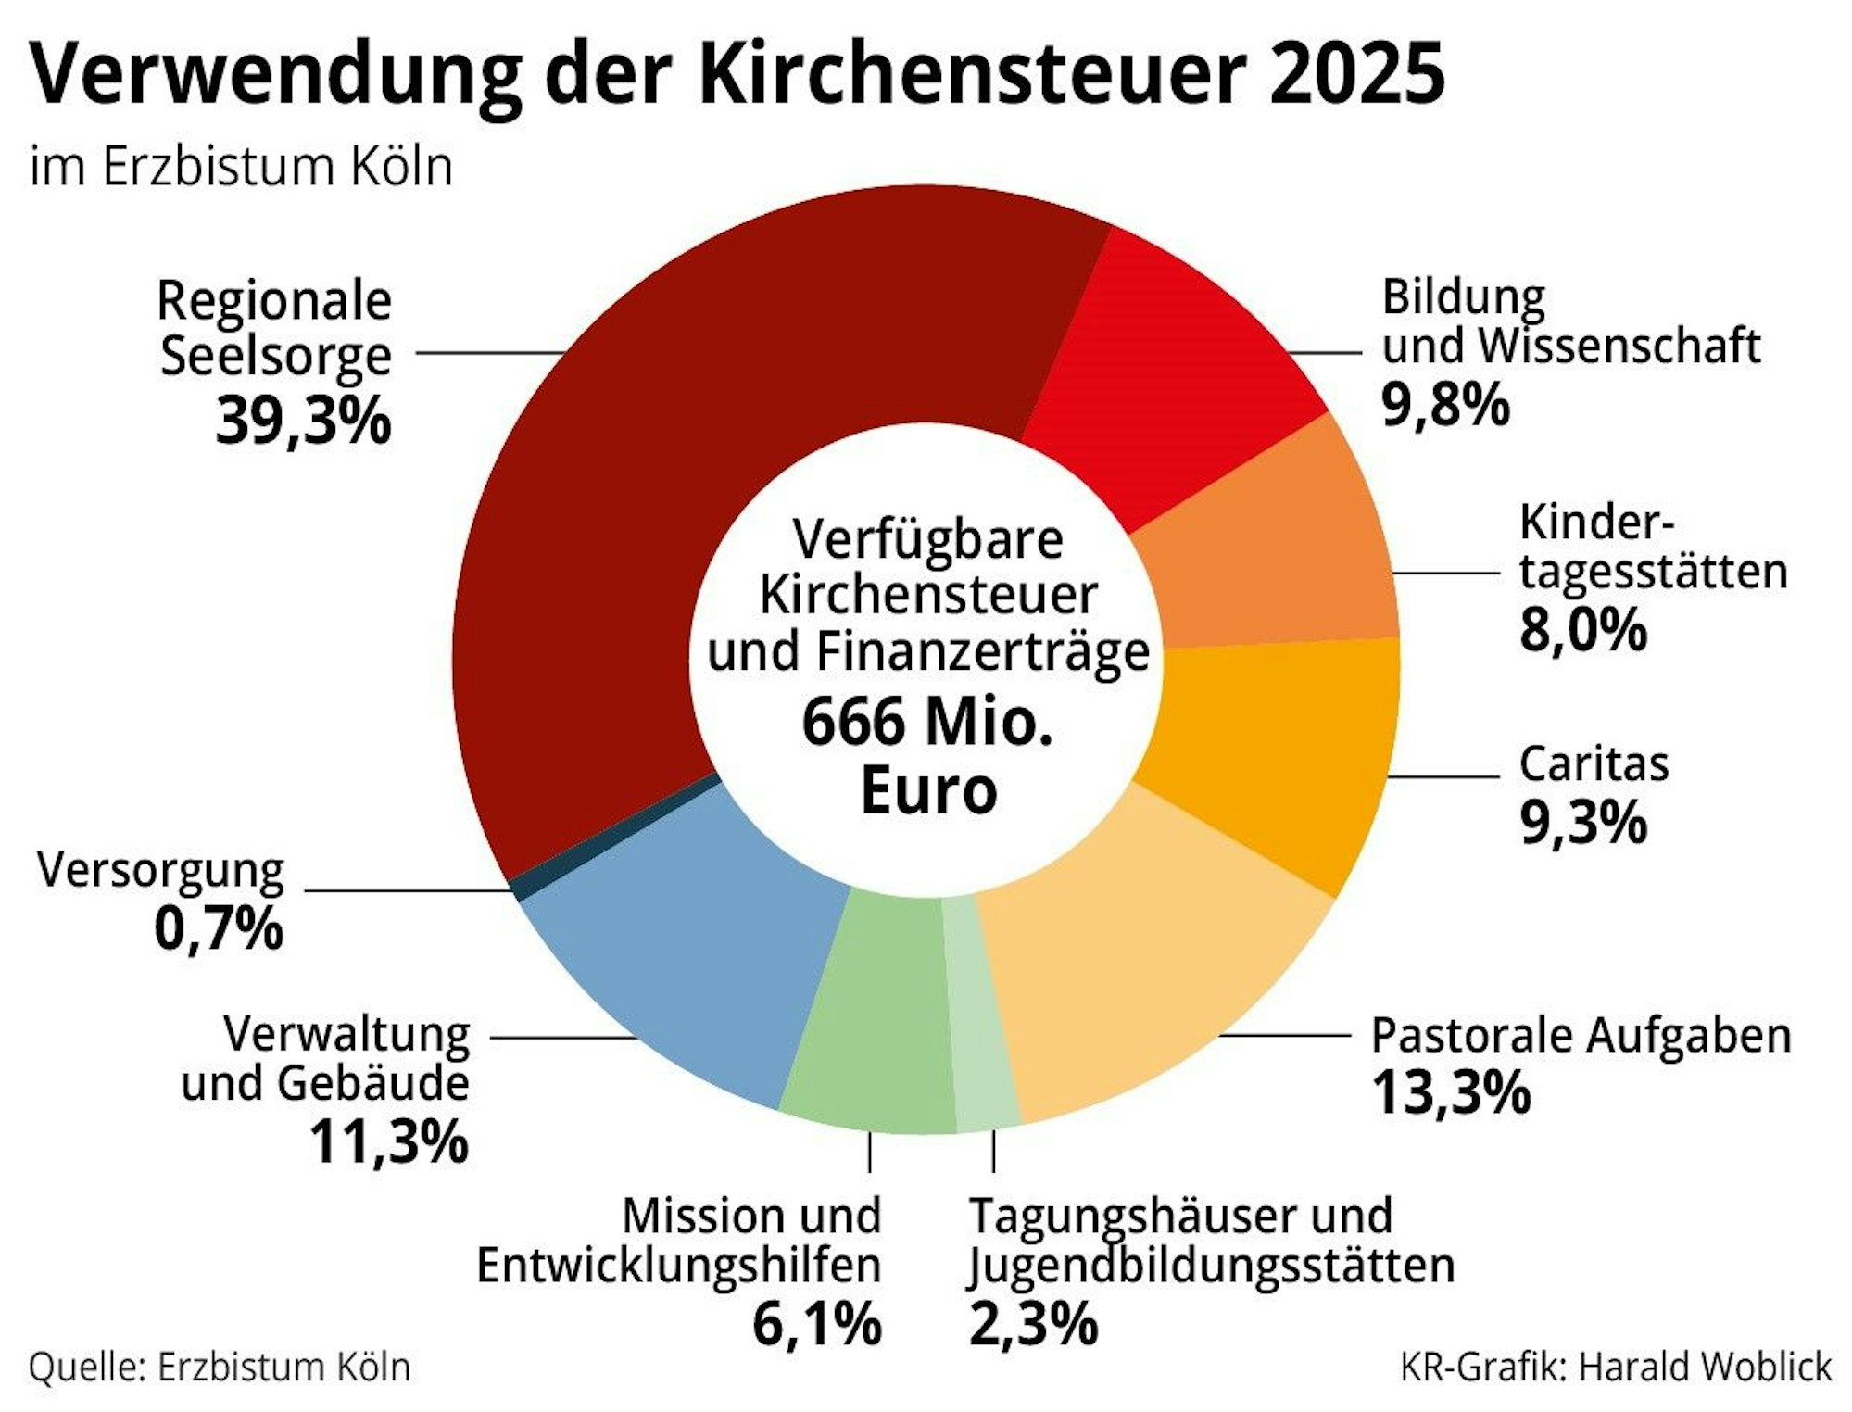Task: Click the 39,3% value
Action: [x=303, y=420]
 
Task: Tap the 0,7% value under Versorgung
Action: [x=219, y=928]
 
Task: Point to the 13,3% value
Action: [x=1451, y=1092]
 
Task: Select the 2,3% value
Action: [x=1033, y=1323]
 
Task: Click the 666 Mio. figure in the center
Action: [x=927, y=723]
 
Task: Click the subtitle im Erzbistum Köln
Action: [x=241, y=167]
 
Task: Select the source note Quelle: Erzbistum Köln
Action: [x=220, y=1367]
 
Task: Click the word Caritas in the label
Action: [x=1594, y=764]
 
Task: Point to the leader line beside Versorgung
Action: [x=408, y=891]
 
